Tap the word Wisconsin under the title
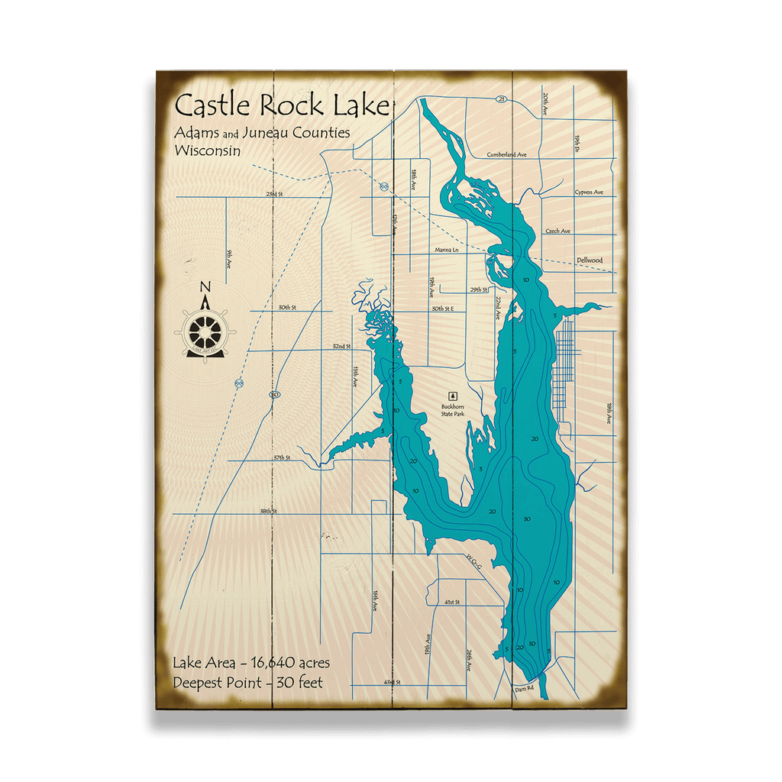click(x=207, y=150)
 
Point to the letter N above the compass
click(x=205, y=287)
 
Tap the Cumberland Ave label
click(x=507, y=154)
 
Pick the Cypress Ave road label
click(x=589, y=192)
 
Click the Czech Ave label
click(x=557, y=231)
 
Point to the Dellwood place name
click(x=589, y=260)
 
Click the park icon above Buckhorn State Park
click(x=453, y=396)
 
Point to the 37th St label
click(x=283, y=457)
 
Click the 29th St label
click(x=479, y=290)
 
